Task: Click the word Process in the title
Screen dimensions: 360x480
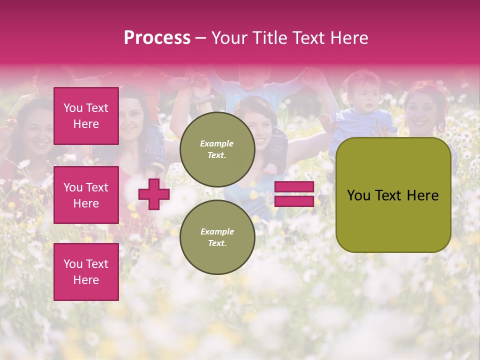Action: pos(157,38)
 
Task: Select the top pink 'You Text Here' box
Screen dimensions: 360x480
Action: pos(86,116)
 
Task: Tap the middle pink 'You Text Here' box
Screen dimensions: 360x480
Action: pos(86,195)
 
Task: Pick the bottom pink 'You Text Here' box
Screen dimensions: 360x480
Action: pos(86,272)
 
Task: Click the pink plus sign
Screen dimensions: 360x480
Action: pos(153,194)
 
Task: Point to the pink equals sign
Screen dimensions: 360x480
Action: pos(294,194)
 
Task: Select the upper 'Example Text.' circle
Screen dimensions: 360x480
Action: pos(217,149)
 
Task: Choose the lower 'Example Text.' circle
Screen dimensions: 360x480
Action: pos(217,237)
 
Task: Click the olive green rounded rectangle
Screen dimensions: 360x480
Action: pos(393,195)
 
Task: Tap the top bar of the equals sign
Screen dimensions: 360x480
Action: pos(294,187)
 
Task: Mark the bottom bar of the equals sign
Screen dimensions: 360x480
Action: pos(294,201)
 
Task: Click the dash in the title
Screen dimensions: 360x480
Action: pos(200,38)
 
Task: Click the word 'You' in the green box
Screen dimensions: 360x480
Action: pos(359,195)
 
